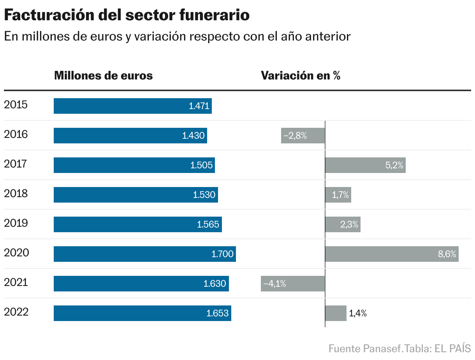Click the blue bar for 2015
132,106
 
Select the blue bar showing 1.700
144,254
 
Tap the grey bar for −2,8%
303,136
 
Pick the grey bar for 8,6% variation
391,254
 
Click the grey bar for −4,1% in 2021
293,284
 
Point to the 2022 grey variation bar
336,313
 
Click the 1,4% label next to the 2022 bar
358,313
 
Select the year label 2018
16,194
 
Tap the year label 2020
16,253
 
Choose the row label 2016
16,134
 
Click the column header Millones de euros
103,76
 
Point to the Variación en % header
301,76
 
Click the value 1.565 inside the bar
208,225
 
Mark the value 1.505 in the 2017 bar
201,166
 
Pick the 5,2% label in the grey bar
394,166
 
